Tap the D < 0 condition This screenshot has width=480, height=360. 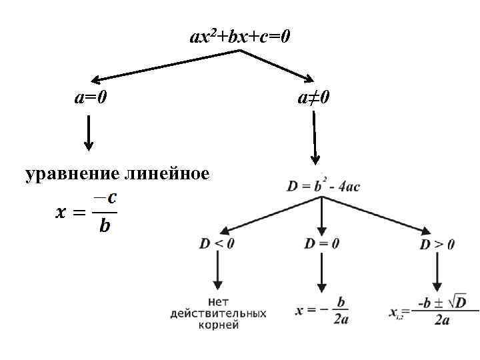217,243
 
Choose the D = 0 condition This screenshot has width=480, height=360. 322,243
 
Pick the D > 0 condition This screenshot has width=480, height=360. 437,245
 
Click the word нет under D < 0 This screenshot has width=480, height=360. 218,301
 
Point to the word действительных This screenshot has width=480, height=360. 218,313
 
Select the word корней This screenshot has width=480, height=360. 218,325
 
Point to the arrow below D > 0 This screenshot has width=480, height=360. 437,273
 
